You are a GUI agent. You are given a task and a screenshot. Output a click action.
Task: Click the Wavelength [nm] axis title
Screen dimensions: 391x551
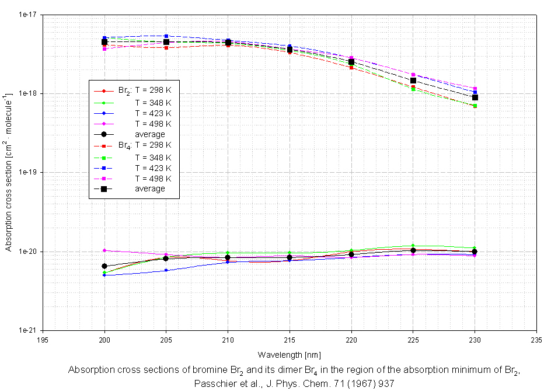coord(289,354)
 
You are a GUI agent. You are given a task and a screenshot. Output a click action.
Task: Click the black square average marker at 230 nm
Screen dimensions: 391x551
coord(475,97)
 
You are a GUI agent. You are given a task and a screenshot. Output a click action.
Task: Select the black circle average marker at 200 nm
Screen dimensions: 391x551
coord(104,266)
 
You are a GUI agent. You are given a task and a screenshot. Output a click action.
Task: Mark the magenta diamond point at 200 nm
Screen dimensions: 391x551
coord(104,250)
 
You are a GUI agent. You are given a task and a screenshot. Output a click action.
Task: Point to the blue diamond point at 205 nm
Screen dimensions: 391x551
coord(166,270)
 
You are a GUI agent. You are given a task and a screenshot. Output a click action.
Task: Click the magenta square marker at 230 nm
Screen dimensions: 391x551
coord(475,89)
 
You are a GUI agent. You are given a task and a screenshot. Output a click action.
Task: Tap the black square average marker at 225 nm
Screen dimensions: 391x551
coord(413,81)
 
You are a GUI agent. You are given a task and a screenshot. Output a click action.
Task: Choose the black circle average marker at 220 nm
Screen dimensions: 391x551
coord(351,254)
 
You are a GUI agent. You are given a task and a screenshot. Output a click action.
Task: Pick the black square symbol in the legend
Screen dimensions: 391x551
coord(104,188)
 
